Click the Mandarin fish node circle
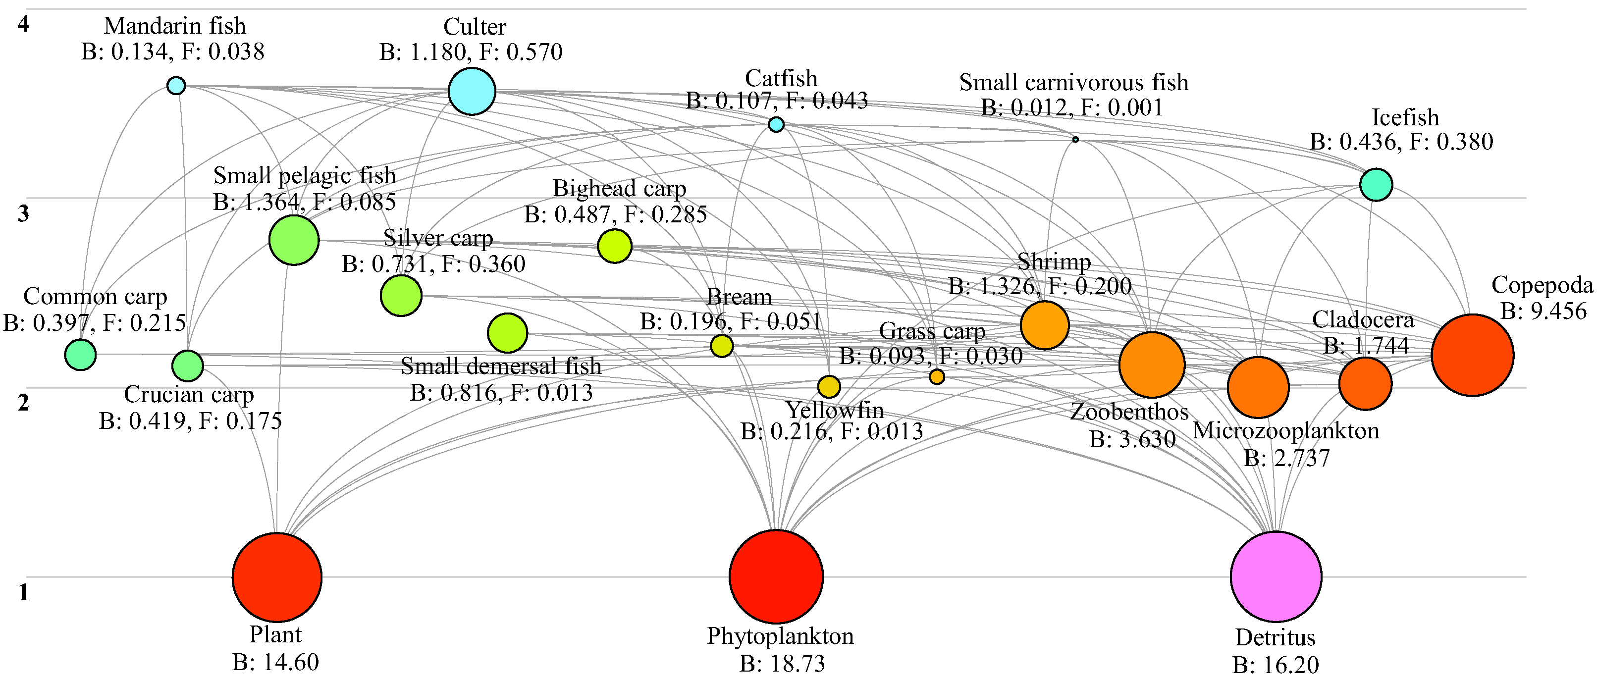click(176, 86)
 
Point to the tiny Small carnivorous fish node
click(1075, 140)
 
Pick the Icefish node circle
click(1376, 184)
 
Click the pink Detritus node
click(1276, 576)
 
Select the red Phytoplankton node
click(776, 576)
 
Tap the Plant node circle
click(277, 576)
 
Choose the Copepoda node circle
click(1472, 355)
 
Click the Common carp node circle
click(81, 355)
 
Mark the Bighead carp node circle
click(614, 246)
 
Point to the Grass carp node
click(937, 376)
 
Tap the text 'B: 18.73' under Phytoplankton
click(782, 664)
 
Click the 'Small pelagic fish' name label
click(305, 175)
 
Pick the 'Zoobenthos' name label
click(1129, 411)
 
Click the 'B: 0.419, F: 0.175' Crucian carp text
click(190, 421)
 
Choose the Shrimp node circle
click(1045, 325)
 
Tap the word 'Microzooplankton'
click(1286, 430)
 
